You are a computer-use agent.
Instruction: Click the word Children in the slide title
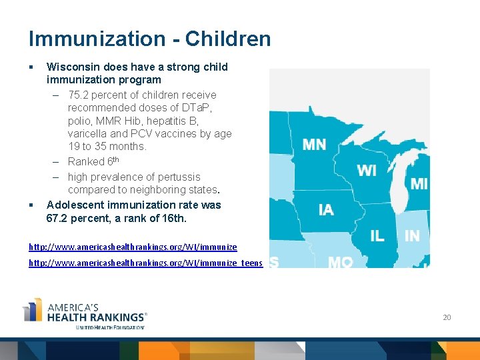coord(228,39)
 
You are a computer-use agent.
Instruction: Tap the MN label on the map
coord(314,145)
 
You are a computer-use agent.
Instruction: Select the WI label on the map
coord(367,171)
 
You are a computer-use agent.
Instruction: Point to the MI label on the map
coord(419,184)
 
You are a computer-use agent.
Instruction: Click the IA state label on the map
coord(326,211)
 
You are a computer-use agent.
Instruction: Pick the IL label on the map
coord(377,236)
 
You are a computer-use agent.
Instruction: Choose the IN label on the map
coord(412,236)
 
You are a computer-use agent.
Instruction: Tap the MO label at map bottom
coord(340,262)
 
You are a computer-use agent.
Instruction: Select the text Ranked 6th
coord(93,161)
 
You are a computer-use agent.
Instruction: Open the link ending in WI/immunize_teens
coord(145,263)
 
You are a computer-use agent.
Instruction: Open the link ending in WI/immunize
coord(132,247)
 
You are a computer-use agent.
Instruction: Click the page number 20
coord(447,317)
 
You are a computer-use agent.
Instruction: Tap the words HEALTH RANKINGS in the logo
coord(96,317)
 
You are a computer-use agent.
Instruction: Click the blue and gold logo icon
coord(33,311)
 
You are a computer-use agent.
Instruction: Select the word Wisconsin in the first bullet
coord(72,67)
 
